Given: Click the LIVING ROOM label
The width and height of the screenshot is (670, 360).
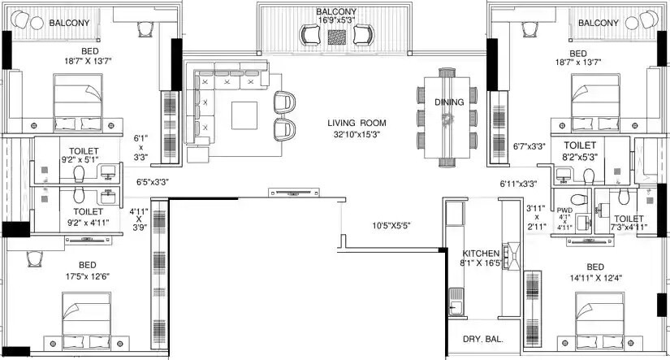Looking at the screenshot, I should click(x=357, y=123).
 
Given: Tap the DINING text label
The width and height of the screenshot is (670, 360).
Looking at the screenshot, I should click(x=449, y=102).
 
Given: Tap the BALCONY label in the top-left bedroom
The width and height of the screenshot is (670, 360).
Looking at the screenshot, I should click(x=69, y=23).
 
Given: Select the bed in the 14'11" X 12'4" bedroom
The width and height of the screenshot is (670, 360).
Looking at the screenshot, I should click(x=600, y=319).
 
